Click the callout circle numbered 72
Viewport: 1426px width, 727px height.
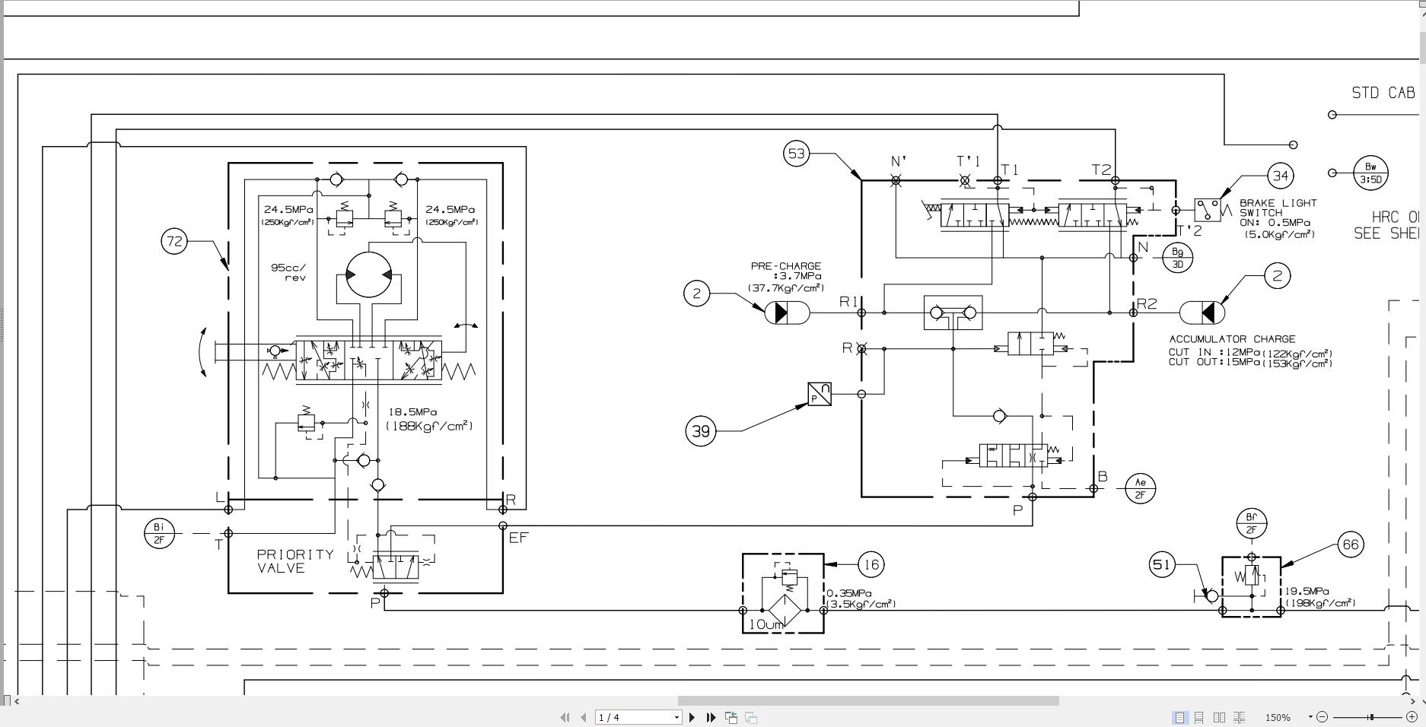[174, 242]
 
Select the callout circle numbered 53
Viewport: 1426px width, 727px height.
[796, 154]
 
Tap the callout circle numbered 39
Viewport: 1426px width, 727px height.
[700, 431]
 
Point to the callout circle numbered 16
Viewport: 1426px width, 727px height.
[871, 564]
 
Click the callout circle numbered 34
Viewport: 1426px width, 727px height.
[1281, 176]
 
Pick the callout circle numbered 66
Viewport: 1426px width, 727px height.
[1350, 544]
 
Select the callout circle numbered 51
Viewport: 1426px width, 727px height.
[1161, 564]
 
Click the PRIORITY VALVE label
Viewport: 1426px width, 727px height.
[294, 561]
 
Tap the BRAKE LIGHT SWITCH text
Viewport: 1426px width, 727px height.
[1278, 208]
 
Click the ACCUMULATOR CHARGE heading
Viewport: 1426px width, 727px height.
[1232, 339]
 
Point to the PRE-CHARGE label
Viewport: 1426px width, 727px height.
[785, 266]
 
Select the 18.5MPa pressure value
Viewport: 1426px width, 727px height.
[412, 412]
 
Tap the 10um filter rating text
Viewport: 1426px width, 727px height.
[766, 625]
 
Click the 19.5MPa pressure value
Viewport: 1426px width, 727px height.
[1307, 591]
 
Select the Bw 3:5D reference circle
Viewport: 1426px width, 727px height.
[1370, 173]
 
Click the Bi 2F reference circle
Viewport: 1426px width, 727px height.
[159, 533]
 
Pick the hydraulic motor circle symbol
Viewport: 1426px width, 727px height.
[368, 275]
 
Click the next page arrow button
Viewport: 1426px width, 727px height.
[692, 717]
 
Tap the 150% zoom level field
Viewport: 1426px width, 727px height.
[1278, 717]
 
